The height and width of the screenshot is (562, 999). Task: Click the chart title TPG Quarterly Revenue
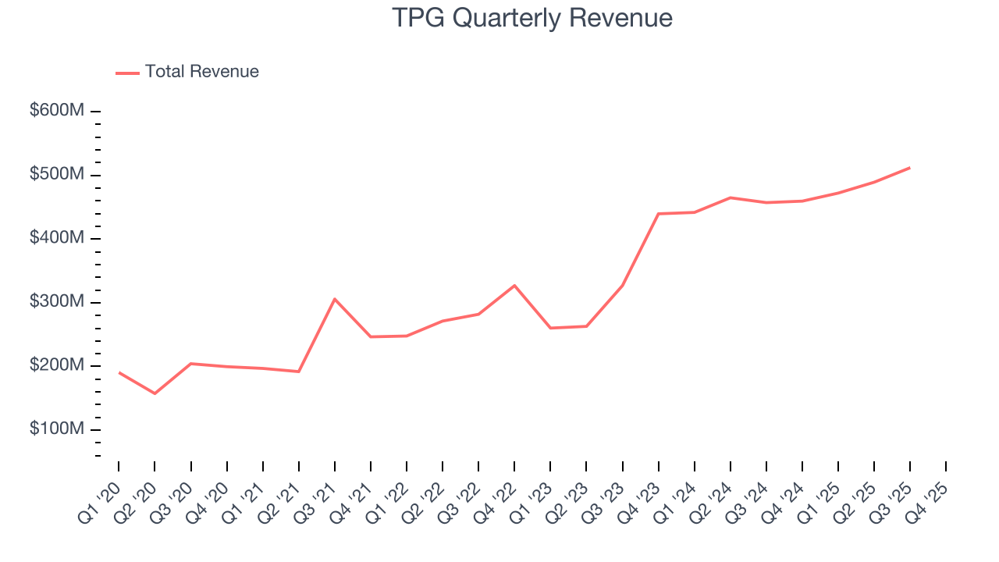pos(532,17)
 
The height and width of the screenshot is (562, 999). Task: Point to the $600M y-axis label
pos(57,111)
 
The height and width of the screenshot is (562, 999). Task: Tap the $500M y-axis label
pos(57,175)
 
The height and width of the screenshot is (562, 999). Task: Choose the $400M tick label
pos(57,238)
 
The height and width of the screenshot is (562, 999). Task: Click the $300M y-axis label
pos(57,302)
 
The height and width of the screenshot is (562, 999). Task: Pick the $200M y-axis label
pos(57,366)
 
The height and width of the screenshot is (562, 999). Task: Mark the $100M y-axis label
pos(57,429)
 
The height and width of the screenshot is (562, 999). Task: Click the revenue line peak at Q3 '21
pos(335,299)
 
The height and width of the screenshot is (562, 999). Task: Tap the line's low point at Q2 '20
pos(155,393)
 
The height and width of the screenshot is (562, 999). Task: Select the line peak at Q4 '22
pos(514,286)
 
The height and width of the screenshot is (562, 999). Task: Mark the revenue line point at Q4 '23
pos(658,214)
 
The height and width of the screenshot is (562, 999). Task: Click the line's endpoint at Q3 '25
pos(909,168)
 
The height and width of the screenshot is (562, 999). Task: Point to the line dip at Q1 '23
pos(550,328)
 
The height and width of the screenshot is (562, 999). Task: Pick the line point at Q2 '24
pos(730,197)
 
